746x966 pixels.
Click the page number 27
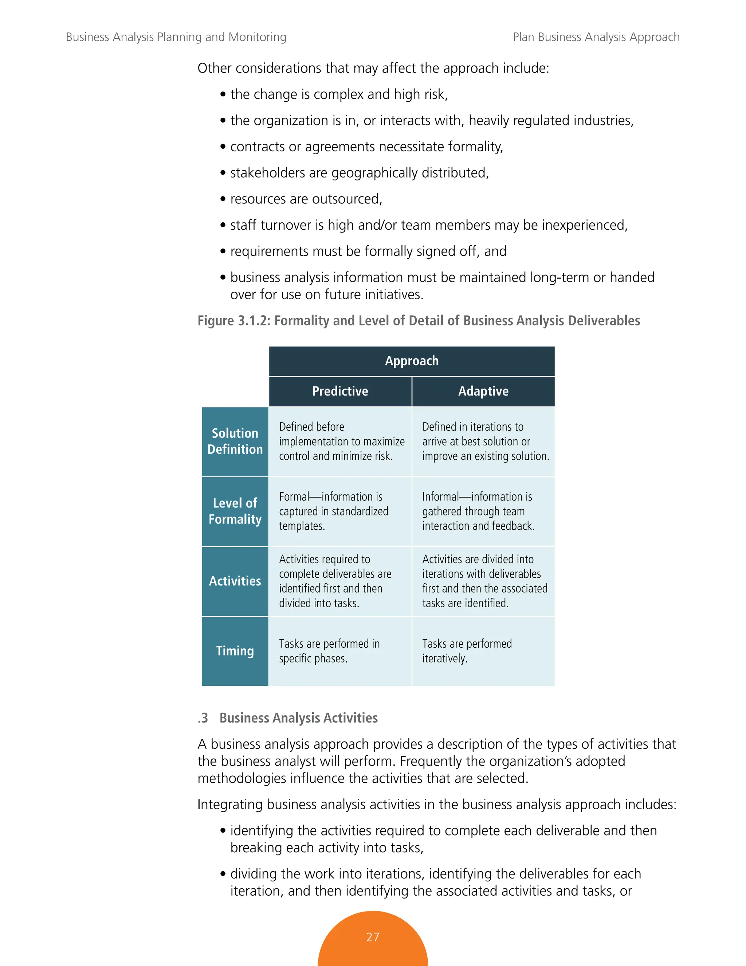click(x=373, y=937)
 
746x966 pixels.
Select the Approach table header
click(x=412, y=361)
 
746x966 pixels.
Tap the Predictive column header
click(x=340, y=392)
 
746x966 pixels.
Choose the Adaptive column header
click(x=483, y=392)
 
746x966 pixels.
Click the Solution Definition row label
click(x=235, y=441)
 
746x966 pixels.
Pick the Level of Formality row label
click(x=235, y=511)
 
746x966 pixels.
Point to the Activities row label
click(x=235, y=581)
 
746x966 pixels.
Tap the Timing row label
click(x=235, y=651)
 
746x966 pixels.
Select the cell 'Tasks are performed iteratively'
click(x=467, y=651)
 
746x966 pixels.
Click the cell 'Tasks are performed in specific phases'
click(x=329, y=651)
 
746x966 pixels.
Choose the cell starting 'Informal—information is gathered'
click(x=478, y=511)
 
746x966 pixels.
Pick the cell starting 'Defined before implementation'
click(x=341, y=441)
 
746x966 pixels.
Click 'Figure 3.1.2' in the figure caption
click(x=234, y=321)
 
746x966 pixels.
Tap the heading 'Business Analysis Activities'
click(x=298, y=718)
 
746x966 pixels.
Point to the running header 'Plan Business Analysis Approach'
click(x=596, y=37)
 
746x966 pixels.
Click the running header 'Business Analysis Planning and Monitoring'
click(x=176, y=37)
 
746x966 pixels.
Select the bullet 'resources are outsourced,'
click(x=306, y=199)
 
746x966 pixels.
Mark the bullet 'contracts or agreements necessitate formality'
click(x=366, y=147)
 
